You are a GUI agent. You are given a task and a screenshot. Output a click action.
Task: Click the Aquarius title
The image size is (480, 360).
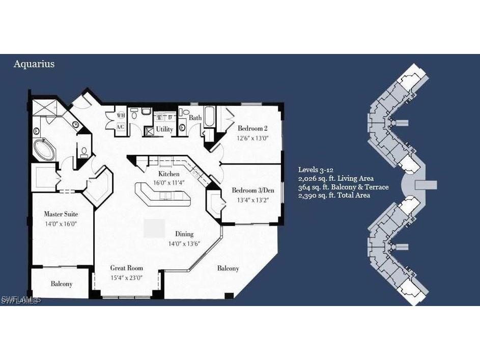pyautogui.click(x=34, y=64)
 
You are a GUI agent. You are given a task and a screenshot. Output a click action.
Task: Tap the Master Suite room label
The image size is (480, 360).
pyautogui.click(x=61, y=214)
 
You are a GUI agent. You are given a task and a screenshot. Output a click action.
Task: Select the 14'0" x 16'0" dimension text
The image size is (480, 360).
pyautogui.click(x=61, y=223)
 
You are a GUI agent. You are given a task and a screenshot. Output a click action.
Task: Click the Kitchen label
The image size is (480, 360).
pyautogui.click(x=168, y=174)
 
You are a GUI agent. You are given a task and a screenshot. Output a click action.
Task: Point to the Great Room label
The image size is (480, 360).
pyautogui.click(x=127, y=268)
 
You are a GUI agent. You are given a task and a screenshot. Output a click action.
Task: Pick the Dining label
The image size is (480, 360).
pyautogui.click(x=184, y=234)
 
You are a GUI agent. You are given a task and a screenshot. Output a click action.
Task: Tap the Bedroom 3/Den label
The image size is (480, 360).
pyautogui.click(x=253, y=190)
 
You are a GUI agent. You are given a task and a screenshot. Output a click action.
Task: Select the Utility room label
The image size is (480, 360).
pyautogui.click(x=164, y=129)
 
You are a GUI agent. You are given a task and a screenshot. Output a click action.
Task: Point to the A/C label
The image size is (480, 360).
pyautogui.click(x=121, y=126)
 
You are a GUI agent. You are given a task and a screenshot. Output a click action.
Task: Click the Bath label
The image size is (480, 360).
pyautogui.click(x=195, y=118)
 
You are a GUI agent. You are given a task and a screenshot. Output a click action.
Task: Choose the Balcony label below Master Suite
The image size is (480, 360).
pyautogui.click(x=61, y=284)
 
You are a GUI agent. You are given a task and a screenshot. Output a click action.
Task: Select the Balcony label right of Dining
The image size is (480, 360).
pyautogui.click(x=228, y=268)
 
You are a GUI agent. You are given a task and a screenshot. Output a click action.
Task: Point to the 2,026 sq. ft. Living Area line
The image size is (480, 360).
pyautogui.click(x=336, y=179)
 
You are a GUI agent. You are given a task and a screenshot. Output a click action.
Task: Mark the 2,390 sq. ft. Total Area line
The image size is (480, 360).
pyautogui.click(x=334, y=195)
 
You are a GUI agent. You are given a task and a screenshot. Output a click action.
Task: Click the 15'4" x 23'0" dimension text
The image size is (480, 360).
pyautogui.click(x=127, y=278)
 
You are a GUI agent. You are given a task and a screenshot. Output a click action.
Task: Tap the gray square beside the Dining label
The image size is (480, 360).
pyautogui.click(x=154, y=228)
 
